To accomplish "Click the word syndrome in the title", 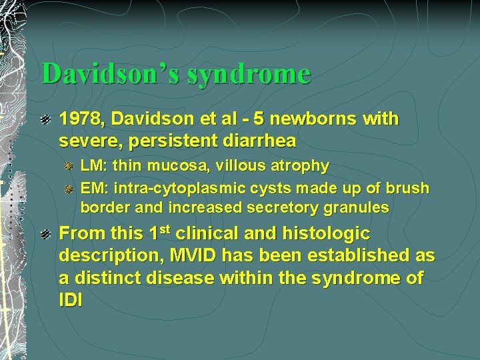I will (249, 74).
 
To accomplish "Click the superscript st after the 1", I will (165, 230).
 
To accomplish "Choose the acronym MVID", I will (207, 255).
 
